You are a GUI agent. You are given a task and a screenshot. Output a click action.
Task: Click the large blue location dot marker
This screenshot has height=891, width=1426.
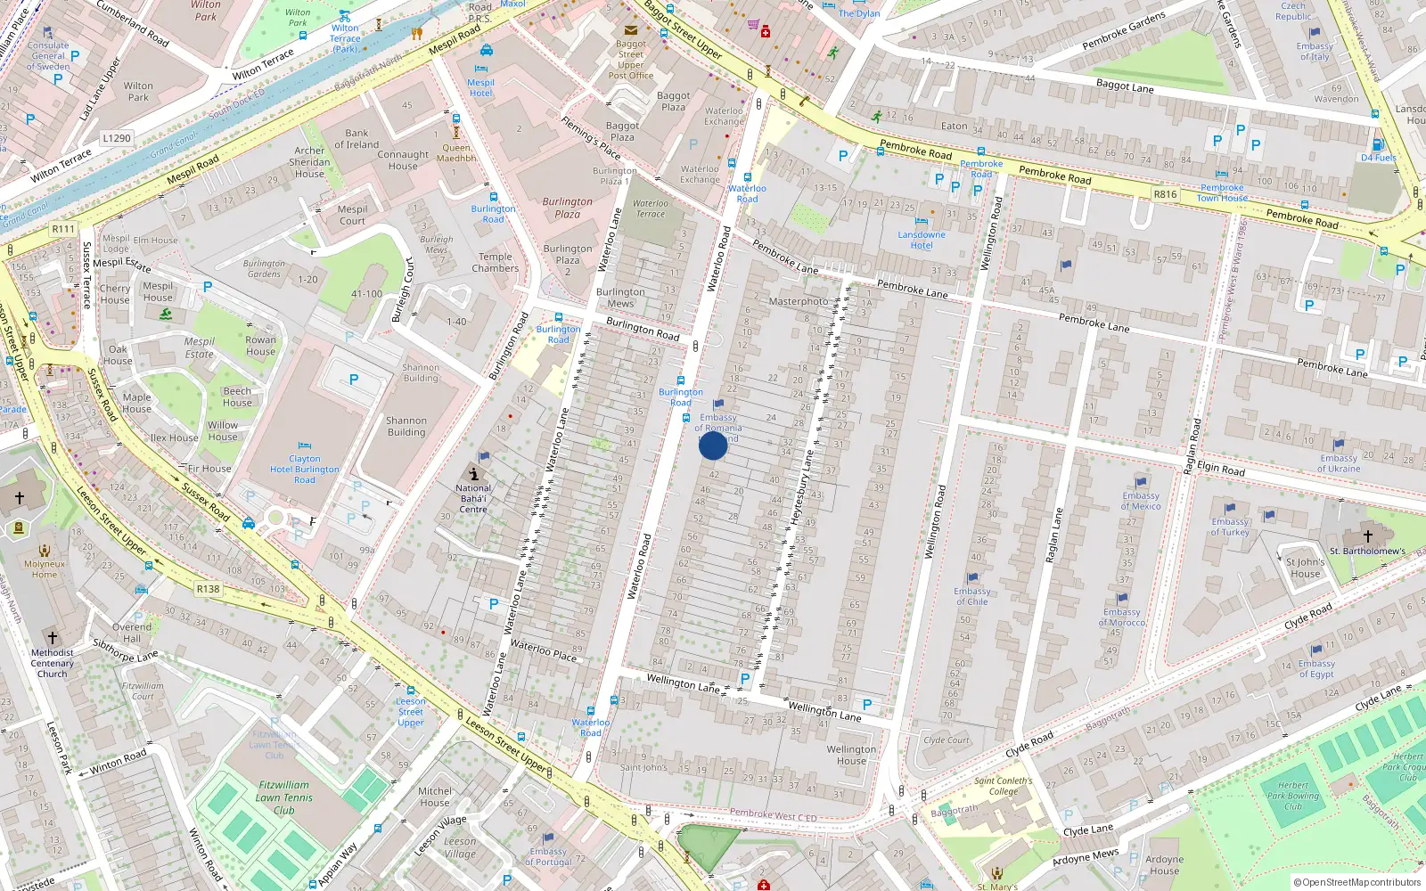tap(713, 445)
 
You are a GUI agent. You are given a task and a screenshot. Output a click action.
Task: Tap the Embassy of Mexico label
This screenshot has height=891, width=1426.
tap(1141, 501)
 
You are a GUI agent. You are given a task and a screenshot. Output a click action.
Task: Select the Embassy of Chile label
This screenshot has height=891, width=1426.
tap(971, 596)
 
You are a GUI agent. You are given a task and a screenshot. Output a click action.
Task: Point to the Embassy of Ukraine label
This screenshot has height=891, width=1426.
tap(1339, 463)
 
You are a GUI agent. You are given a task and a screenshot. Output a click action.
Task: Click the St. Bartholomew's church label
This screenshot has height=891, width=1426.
tap(1367, 551)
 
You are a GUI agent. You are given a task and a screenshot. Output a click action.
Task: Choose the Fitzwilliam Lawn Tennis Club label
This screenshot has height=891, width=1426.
tap(284, 797)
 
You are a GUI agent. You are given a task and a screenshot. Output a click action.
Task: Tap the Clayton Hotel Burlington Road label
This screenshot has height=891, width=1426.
tap(305, 469)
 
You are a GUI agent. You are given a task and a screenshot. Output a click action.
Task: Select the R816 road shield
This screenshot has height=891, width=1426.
tap(1165, 194)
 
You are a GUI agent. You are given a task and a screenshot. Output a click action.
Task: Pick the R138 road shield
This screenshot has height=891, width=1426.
tap(208, 589)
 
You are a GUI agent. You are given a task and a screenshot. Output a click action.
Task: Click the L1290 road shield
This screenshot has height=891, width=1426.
tap(117, 138)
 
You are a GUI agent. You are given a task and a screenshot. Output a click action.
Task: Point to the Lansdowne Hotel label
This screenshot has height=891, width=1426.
tap(922, 240)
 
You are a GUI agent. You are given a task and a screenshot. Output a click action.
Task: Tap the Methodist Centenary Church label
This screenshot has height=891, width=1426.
tap(53, 663)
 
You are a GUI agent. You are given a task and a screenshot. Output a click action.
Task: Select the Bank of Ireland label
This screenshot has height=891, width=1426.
tap(356, 139)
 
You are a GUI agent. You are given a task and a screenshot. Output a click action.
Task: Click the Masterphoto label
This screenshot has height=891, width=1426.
tap(799, 301)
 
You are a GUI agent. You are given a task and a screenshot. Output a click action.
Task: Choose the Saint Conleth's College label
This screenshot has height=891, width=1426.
tap(1003, 786)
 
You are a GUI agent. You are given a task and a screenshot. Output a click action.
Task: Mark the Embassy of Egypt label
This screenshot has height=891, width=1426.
tap(1316, 668)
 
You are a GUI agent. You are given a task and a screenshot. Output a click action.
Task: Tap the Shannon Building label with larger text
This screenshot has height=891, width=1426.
tap(406, 426)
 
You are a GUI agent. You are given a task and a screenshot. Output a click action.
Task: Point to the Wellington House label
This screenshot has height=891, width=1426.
tap(851, 755)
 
